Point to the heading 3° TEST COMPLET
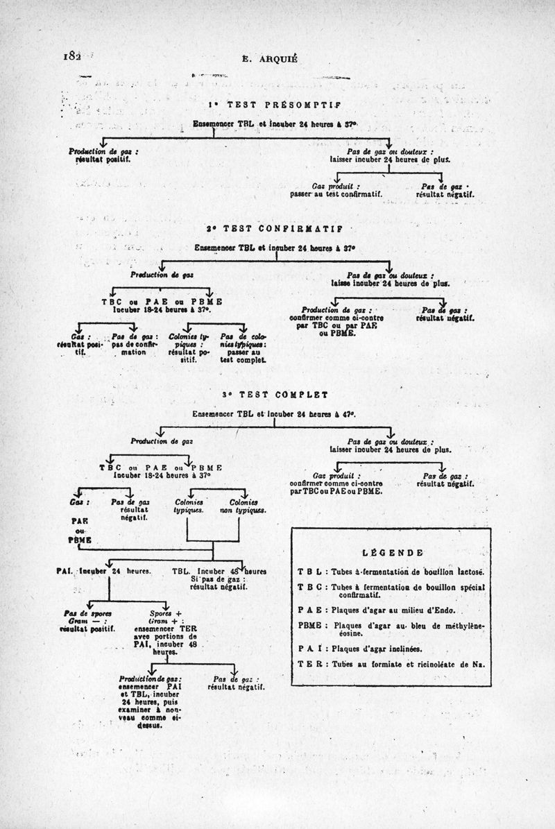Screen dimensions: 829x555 click(275, 394)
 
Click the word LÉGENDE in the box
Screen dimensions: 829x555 click(393, 552)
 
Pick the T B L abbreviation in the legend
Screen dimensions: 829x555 click(309, 572)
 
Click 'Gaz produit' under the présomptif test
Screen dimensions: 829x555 click(336, 186)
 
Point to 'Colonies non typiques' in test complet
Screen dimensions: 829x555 click(244, 506)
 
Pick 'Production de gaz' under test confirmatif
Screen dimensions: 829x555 click(162, 275)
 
